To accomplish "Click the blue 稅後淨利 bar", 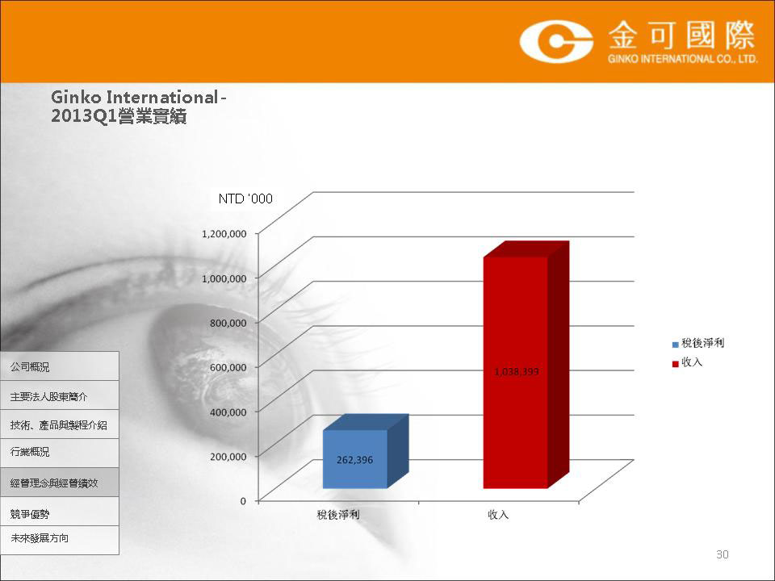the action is coord(366,452).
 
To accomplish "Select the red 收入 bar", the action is coord(526,365).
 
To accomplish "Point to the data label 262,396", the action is coord(355,460).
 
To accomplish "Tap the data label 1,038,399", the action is coord(517,371).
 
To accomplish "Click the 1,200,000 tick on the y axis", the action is coord(224,233).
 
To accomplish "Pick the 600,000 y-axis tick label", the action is coord(228,367).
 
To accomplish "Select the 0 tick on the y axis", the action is coord(243,501).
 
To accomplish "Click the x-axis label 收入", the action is coord(498,515).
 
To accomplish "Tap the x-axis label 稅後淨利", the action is coord(338,515).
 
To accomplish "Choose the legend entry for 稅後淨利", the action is coord(697,344).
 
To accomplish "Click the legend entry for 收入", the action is coord(687,362).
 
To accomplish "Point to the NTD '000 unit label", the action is coord(245,199).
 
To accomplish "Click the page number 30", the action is coord(722,554).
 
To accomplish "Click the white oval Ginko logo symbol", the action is coord(556,41).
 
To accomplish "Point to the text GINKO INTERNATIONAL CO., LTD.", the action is coord(683,59).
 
